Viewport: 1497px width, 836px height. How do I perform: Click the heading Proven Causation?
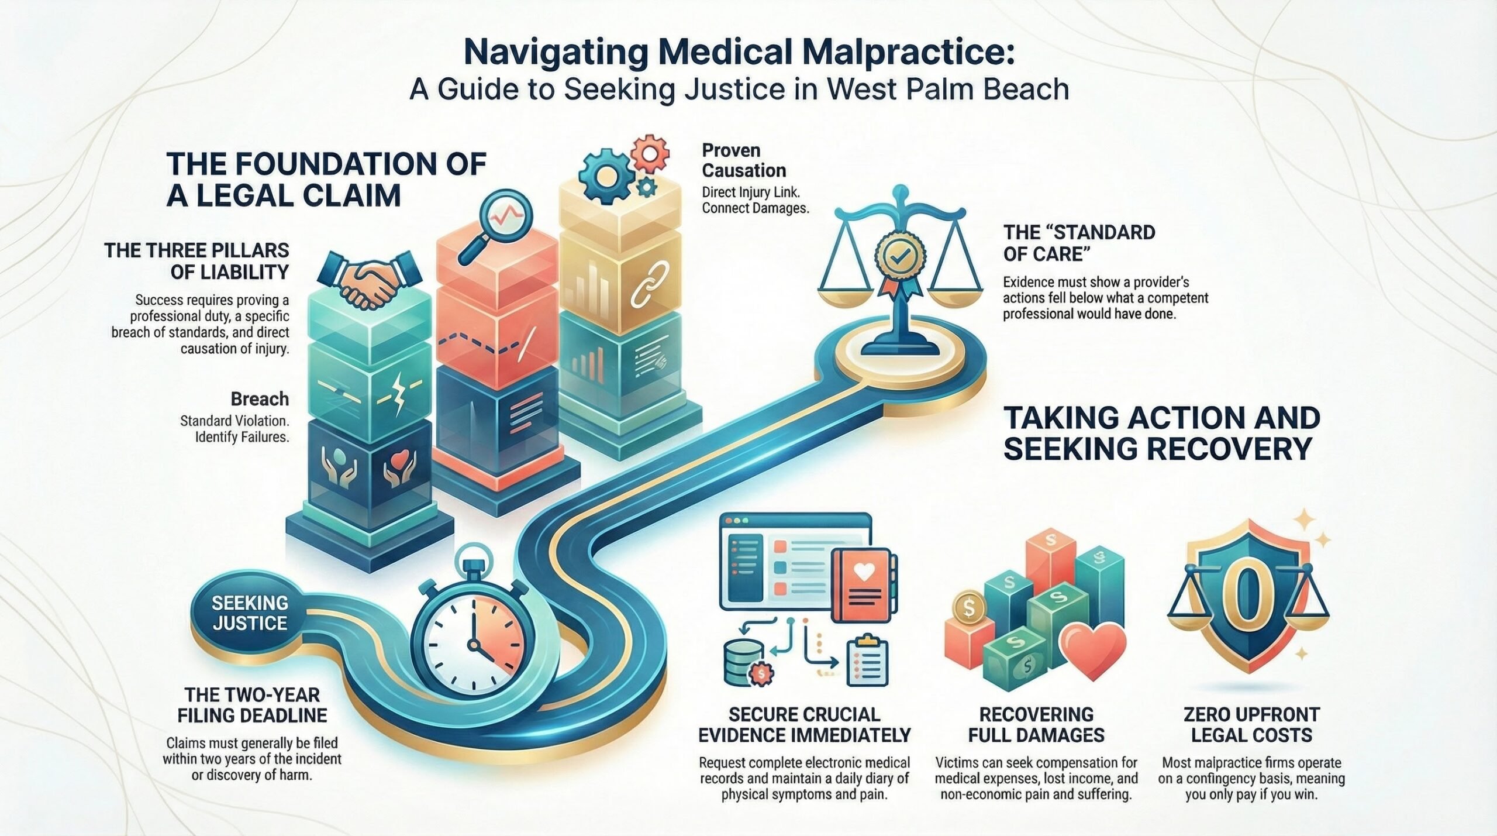tap(744, 160)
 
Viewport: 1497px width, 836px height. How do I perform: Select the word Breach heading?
tap(260, 399)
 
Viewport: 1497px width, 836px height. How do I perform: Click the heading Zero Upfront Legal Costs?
tap(1251, 724)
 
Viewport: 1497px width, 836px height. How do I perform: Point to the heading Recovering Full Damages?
tap(1036, 724)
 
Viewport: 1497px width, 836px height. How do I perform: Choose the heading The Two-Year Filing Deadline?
tap(252, 705)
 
